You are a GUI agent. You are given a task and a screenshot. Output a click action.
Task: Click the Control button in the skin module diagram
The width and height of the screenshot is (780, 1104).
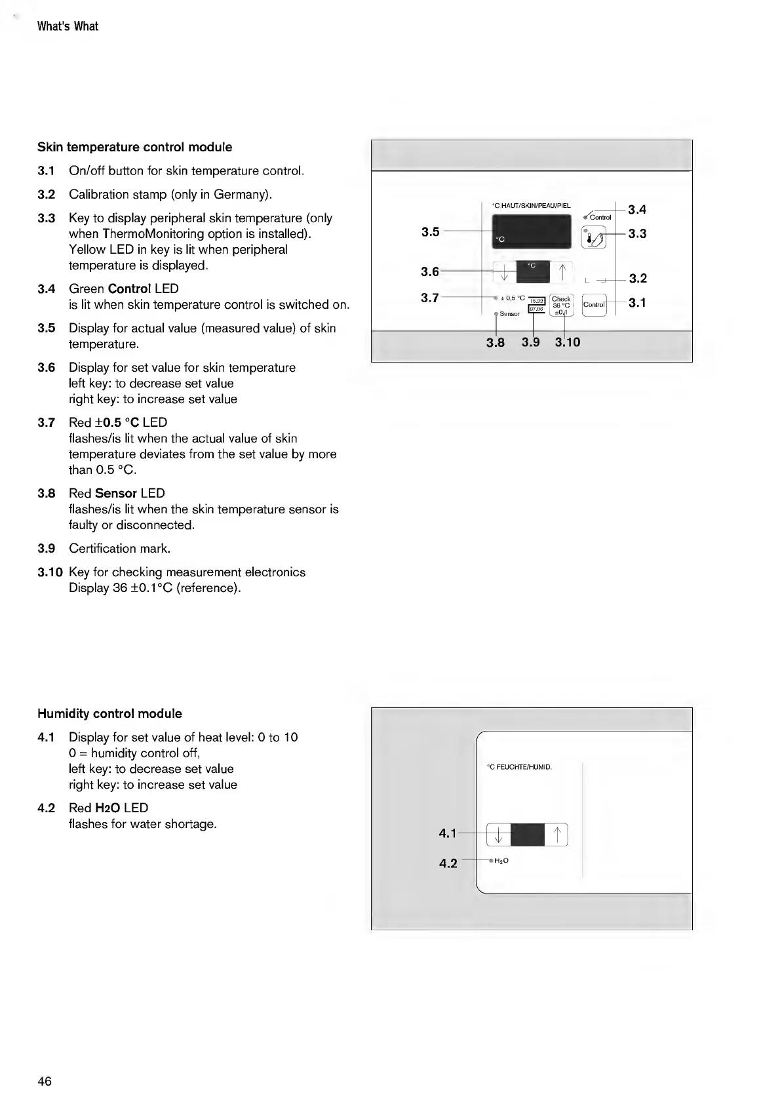[x=594, y=305]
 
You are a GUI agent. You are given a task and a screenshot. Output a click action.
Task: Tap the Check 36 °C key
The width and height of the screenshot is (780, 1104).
[x=562, y=305]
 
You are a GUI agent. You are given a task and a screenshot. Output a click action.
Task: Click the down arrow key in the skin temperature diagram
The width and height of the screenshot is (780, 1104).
[x=504, y=271]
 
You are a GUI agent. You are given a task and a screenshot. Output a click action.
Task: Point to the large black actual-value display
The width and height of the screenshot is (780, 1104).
[x=532, y=233]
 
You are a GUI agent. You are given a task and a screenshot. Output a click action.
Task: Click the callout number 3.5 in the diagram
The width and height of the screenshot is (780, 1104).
[x=430, y=231]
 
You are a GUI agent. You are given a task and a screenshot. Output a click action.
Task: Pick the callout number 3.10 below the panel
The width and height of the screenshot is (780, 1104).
[x=568, y=342]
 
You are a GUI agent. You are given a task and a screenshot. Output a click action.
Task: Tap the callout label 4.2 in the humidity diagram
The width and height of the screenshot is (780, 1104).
[x=448, y=863]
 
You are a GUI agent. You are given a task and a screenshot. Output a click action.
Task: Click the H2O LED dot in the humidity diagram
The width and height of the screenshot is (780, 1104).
[x=490, y=860]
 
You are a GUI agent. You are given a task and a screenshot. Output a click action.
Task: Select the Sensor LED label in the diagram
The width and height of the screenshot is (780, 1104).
[x=509, y=314]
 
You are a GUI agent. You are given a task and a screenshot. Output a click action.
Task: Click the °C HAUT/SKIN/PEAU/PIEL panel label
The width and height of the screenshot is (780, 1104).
[x=531, y=206]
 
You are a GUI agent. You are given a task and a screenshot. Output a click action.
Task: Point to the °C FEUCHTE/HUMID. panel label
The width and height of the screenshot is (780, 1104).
[x=519, y=766]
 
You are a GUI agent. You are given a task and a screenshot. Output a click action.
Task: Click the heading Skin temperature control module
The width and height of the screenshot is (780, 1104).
[x=134, y=147]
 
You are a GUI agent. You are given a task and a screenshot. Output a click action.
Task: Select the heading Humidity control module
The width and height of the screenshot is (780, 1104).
[x=109, y=713]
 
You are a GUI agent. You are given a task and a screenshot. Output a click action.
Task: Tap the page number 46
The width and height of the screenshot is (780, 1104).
[x=45, y=1081]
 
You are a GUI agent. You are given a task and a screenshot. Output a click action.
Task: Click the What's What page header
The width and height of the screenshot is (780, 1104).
[x=68, y=26]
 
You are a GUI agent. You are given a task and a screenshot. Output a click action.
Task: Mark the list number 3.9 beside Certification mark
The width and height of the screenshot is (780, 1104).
[x=46, y=548]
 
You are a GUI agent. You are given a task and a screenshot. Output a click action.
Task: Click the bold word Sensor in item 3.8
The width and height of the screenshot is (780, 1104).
[x=116, y=493]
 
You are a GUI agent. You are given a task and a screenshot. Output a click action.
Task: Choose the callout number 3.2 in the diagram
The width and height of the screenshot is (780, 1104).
[x=638, y=279]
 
